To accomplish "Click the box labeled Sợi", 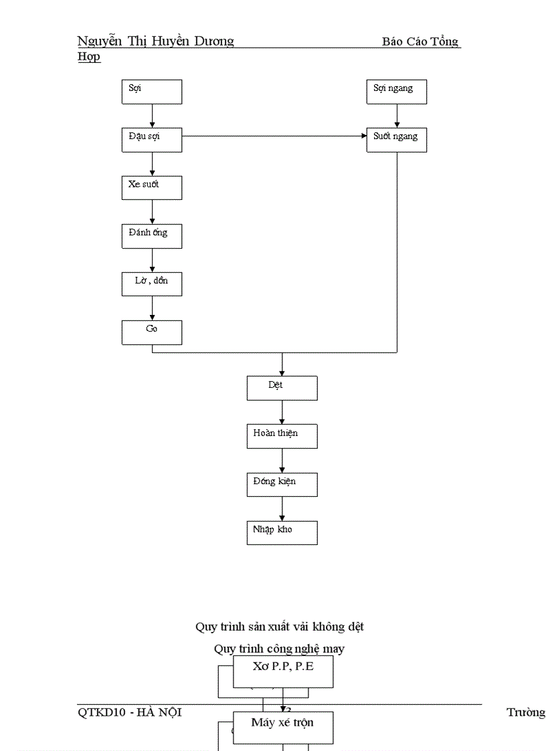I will coord(151,92).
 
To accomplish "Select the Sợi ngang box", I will coord(396,92).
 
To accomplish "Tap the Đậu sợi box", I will coord(151,140).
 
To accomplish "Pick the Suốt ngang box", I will coord(396,140).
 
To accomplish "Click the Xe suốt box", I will coord(151,187).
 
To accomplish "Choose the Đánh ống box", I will coord(151,236).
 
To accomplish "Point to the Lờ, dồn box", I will coord(151,284).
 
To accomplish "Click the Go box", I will coord(151,332).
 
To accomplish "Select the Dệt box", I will coord(282,388).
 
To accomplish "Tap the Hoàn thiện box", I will coord(282,436).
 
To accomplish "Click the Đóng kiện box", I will coord(282,484).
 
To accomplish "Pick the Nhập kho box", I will coord(282,532).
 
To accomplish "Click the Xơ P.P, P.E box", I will coord(282,671).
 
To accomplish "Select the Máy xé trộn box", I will coord(282,727).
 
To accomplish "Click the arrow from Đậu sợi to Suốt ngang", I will coord(274,136).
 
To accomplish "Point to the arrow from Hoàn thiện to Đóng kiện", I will coord(282,461).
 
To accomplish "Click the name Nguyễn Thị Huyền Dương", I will coord(155,41).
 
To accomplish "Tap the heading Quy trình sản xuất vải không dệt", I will coord(280,627).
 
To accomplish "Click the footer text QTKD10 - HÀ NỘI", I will coord(130,712).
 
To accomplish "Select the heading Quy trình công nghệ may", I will coord(280,649).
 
